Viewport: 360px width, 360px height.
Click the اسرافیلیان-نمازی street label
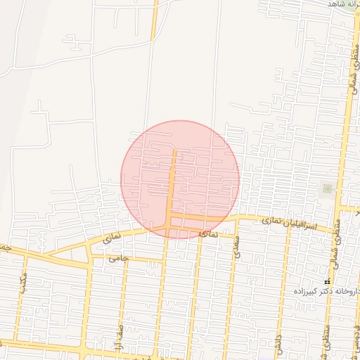coord(289,224)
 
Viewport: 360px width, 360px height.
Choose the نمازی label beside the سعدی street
coord(210,233)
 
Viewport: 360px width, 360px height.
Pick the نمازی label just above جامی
coord(112,239)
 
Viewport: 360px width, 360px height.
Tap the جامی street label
coord(119,258)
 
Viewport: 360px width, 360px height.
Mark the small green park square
coord(327,188)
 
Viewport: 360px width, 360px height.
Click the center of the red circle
coord(180,179)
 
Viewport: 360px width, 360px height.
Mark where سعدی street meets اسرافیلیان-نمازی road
coord(236,219)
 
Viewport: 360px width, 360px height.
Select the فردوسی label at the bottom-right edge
coord(355,345)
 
